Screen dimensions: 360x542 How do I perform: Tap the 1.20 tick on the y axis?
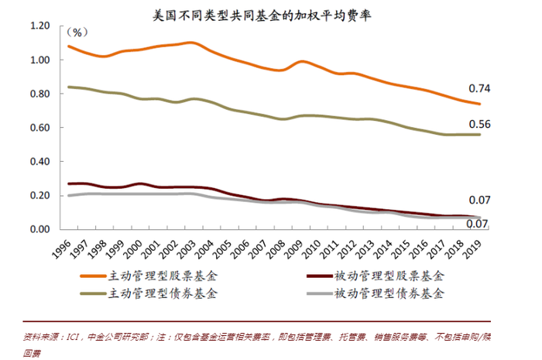tap(38, 26)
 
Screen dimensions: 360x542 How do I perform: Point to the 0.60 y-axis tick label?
tap(38, 128)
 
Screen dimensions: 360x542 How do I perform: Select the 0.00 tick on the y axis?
tap(38, 229)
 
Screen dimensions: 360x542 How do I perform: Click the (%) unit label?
tap(78, 33)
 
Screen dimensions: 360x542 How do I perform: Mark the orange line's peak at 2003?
tap(190, 43)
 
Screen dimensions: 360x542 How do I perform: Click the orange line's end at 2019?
tap(480, 104)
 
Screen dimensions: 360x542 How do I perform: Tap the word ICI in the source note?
tap(74, 337)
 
